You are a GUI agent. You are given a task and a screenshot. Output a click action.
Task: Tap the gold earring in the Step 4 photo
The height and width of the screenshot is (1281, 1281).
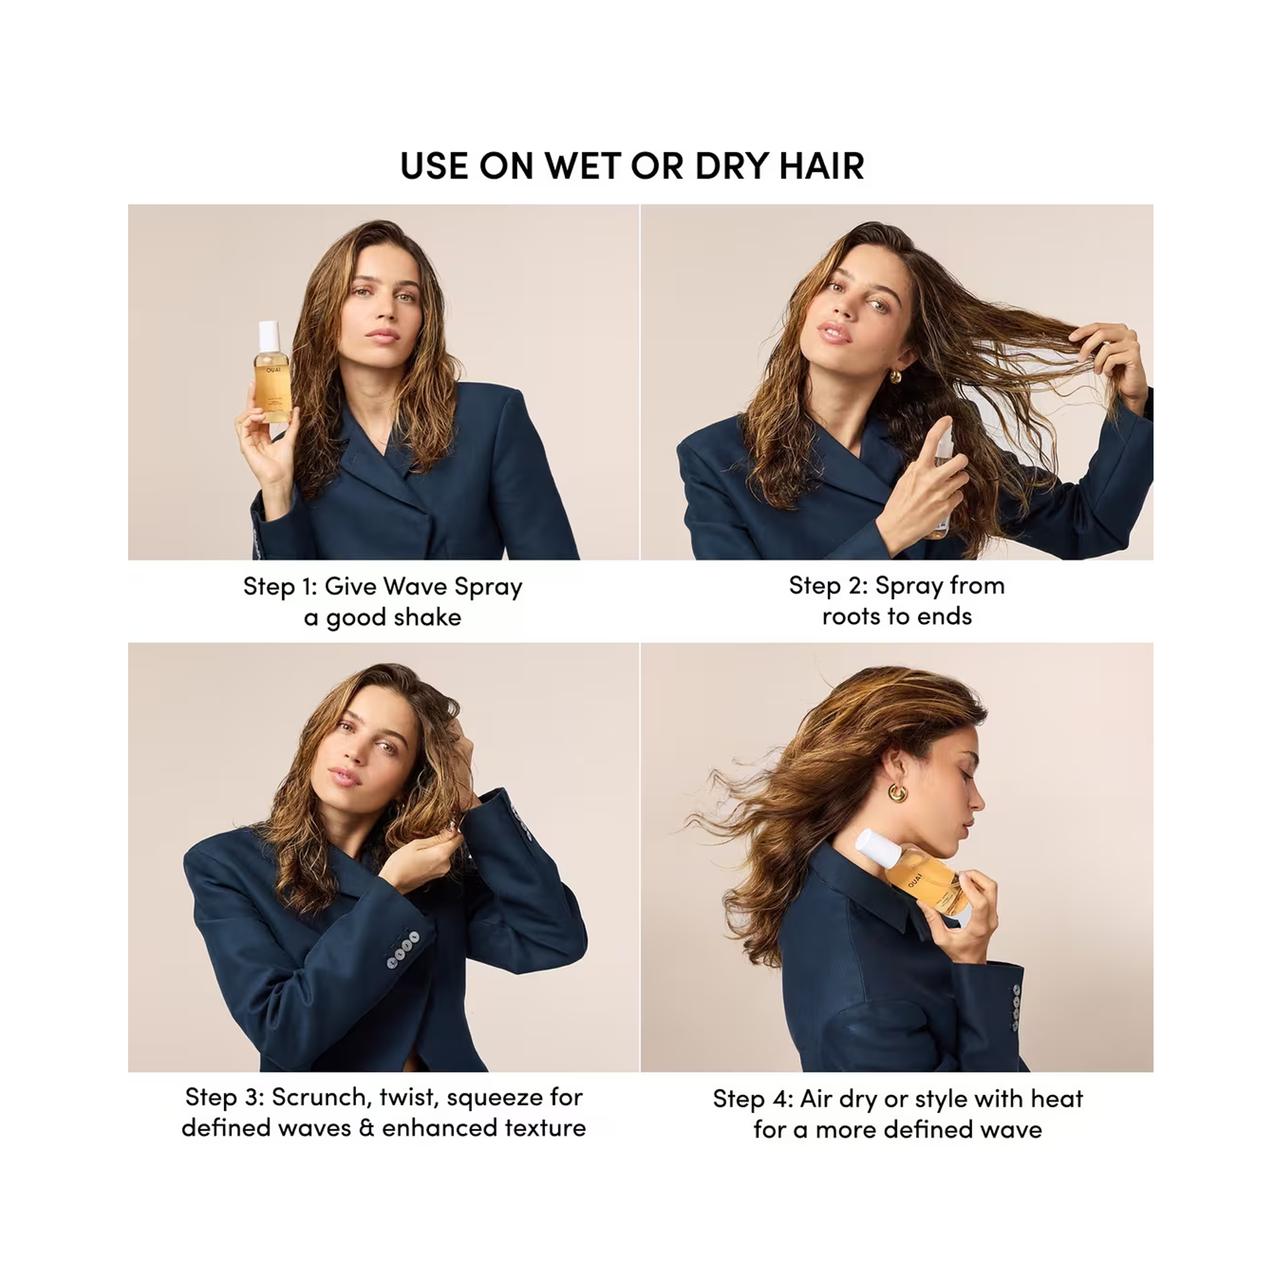coord(898,793)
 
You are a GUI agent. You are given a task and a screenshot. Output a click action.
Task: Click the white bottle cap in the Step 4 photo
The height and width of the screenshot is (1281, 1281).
coord(874,847)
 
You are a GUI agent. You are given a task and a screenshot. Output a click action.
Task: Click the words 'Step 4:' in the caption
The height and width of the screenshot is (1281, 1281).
coord(753,1098)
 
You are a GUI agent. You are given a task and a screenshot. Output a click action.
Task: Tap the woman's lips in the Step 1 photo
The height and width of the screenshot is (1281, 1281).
coord(384,334)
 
